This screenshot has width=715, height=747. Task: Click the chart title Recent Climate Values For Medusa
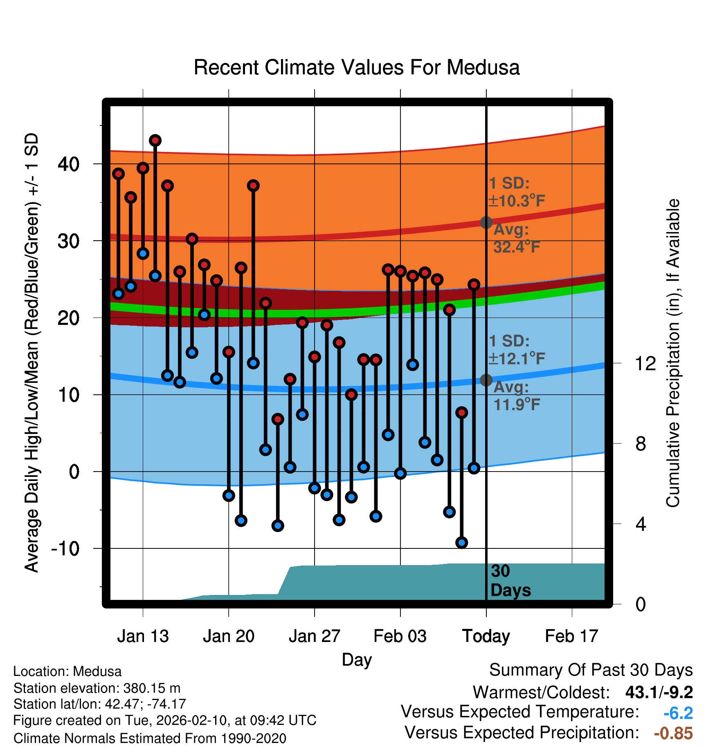357,67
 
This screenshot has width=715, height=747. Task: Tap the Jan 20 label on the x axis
228,636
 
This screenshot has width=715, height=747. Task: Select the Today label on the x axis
486,636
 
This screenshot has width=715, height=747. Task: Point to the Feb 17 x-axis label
571,636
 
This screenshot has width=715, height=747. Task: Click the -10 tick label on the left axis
65,548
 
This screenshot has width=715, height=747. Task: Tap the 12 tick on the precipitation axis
645,363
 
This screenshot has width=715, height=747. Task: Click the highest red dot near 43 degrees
155,141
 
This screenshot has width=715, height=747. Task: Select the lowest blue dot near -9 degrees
462,543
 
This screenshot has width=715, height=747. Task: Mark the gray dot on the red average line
486,222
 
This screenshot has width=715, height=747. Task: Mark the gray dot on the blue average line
486,380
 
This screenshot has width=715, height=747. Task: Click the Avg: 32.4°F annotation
516,238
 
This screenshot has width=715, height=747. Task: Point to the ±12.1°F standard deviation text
517,359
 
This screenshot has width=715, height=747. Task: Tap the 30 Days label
510,581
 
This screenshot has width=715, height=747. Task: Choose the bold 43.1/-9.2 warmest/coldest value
659,692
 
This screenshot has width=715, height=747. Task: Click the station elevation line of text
97,688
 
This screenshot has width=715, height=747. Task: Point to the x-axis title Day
357,660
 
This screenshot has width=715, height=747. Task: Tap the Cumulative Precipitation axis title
673,353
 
